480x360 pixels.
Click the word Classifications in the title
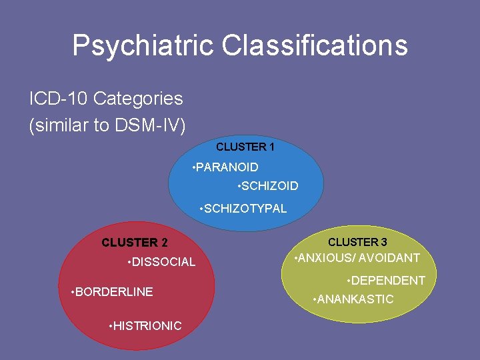pyautogui.click(x=314, y=46)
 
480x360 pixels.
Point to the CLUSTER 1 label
pyautogui.click(x=245, y=147)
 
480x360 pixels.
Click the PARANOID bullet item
pyautogui.click(x=227, y=167)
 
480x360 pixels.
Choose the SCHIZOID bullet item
pyautogui.click(x=269, y=186)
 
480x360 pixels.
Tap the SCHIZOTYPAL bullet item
pyautogui.click(x=245, y=209)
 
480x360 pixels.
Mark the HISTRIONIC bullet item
pyautogui.click(x=147, y=326)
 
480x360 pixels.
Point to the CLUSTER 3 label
pyautogui.click(x=357, y=242)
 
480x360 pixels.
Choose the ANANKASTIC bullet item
pyautogui.click(x=355, y=299)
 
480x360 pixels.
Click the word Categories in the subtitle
pyautogui.click(x=138, y=99)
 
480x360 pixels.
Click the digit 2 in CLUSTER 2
pyautogui.click(x=164, y=243)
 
